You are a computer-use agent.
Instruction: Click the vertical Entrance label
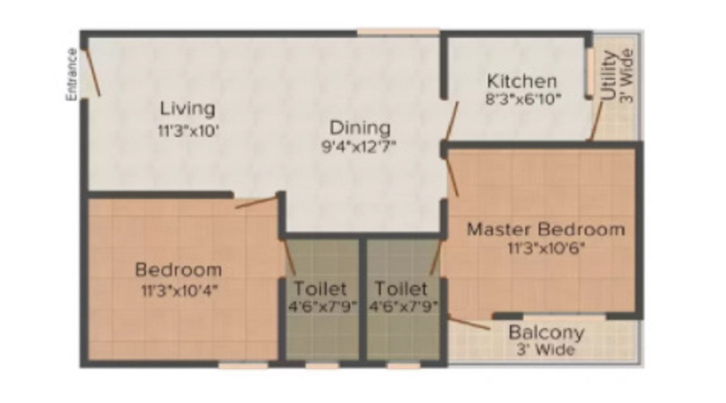point(71,75)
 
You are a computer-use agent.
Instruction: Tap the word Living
point(187,108)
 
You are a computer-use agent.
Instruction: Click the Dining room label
point(359,128)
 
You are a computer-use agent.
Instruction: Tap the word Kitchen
point(522,81)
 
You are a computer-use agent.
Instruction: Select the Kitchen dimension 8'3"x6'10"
point(522,98)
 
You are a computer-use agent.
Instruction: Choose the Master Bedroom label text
point(546,229)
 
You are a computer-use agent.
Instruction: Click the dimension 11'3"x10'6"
point(546,247)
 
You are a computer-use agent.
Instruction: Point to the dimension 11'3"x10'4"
point(178,288)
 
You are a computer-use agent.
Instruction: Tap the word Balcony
point(546,333)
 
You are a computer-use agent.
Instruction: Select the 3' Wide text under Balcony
point(546,350)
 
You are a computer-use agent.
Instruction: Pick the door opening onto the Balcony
point(469,324)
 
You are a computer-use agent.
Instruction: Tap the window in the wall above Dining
point(398,33)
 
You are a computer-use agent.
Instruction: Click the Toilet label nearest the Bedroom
point(320,289)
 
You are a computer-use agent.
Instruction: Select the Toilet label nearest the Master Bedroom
point(401,289)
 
